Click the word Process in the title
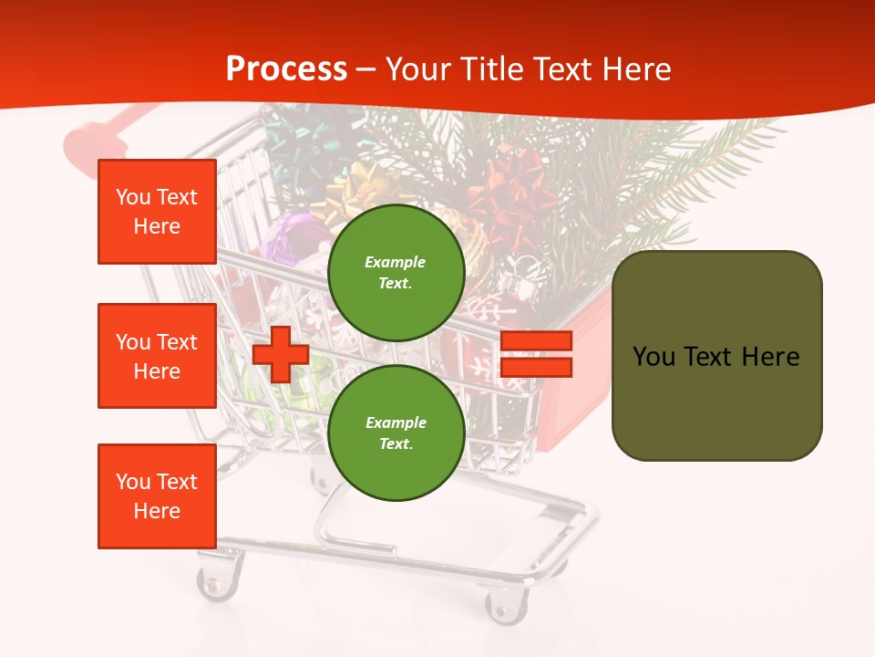[x=286, y=68]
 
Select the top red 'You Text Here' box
[x=157, y=212]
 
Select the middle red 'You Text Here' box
[x=157, y=356]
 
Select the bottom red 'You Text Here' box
[x=157, y=495]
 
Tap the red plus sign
[x=281, y=354]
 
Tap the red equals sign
[x=536, y=354]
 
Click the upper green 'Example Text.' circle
[x=396, y=273]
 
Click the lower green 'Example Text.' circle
[x=396, y=433]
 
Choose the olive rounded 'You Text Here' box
[x=716, y=356]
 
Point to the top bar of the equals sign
[x=536, y=341]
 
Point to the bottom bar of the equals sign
[x=536, y=367]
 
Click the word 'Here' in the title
[x=634, y=69]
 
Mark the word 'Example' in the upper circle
[x=395, y=262]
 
